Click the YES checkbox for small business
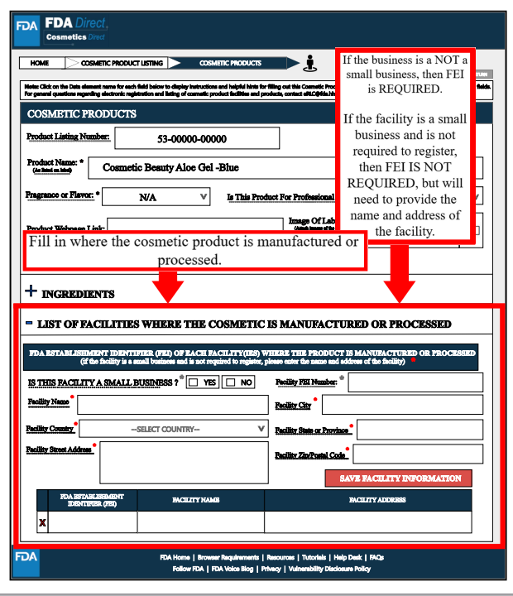click(x=193, y=383)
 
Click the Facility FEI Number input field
click(x=415, y=382)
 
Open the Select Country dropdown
click(x=174, y=429)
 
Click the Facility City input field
click(x=401, y=405)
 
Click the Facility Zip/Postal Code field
click(x=417, y=454)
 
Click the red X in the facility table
click(x=42, y=522)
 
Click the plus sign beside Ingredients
click(x=31, y=292)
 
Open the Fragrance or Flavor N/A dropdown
click(x=161, y=197)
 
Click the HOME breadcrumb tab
click(x=39, y=63)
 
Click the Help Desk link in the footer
click(x=348, y=558)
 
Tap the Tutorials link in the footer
click(x=314, y=558)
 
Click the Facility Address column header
click(x=368, y=501)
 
